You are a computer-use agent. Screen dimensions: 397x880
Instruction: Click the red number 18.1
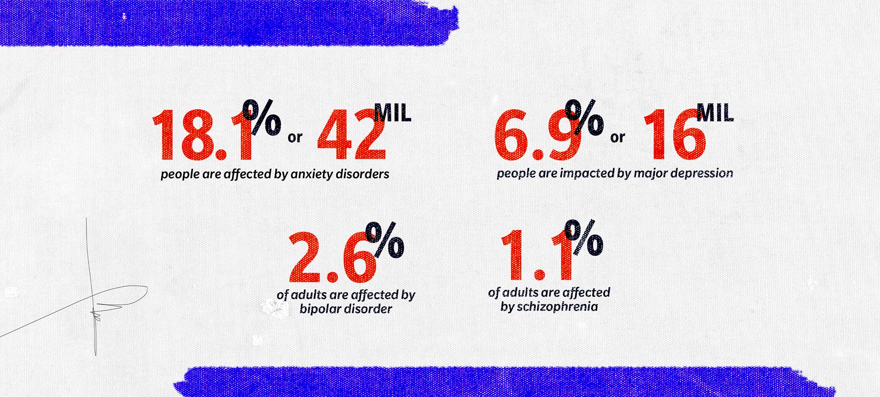pyautogui.click(x=202, y=136)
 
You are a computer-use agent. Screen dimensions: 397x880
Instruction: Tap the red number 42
pyautogui.click(x=351, y=136)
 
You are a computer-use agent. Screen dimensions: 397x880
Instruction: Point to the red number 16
pyautogui.click(x=674, y=136)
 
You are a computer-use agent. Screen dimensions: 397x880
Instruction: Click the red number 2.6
pyautogui.click(x=332, y=257)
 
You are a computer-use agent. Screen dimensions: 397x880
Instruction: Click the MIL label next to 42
pyautogui.click(x=393, y=113)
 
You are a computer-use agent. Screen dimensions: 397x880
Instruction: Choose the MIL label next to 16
pyautogui.click(x=715, y=113)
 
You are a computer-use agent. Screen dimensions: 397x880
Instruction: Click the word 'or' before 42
pyautogui.click(x=295, y=137)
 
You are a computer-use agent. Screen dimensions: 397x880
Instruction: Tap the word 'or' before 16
pyautogui.click(x=617, y=137)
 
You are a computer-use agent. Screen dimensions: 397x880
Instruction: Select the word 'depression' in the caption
pyautogui.click(x=707, y=174)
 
